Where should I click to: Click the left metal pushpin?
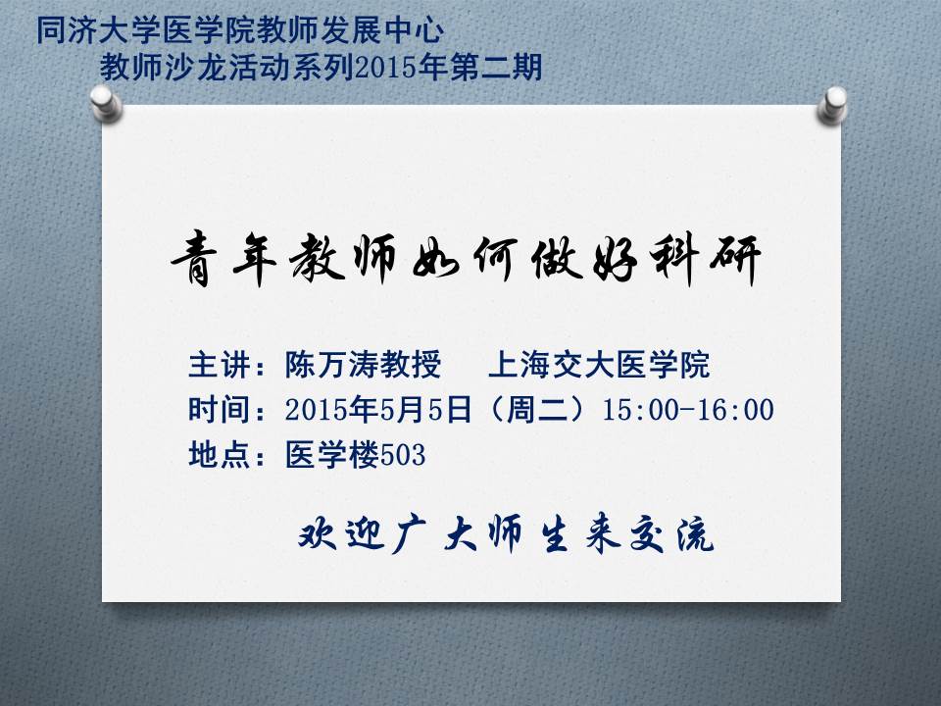pyautogui.click(x=106, y=103)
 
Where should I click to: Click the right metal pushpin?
pyautogui.click(x=832, y=105)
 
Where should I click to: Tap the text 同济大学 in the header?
pyautogui.click(x=99, y=30)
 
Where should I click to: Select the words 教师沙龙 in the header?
pyautogui.click(x=163, y=67)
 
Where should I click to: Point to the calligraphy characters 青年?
pyautogui.click(x=223, y=260)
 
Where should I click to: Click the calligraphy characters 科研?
pyautogui.click(x=706, y=260)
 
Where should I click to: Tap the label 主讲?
pyautogui.click(x=219, y=365)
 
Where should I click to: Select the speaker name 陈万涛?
pyautogui.click(x=331, y=365)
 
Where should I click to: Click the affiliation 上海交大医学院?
pyautogui.click(x=599, y=365)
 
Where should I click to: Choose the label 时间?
pyautogui.click(x=219, y=410)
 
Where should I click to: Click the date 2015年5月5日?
pyautogui.click(x=378, y=410)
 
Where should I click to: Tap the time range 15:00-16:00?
pyautogui.click(x=688, y=410)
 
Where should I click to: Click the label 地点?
pyautogui.click(x=219, y=454)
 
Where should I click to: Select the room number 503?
pyautogui.click(x=403, y=455)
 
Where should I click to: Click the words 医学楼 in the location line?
pyautogui.click(x=332, y=454)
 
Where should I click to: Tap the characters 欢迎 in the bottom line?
pyautogui.click(x=341, y=534)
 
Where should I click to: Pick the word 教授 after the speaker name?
pyautogui.click(x=411, y=365)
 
